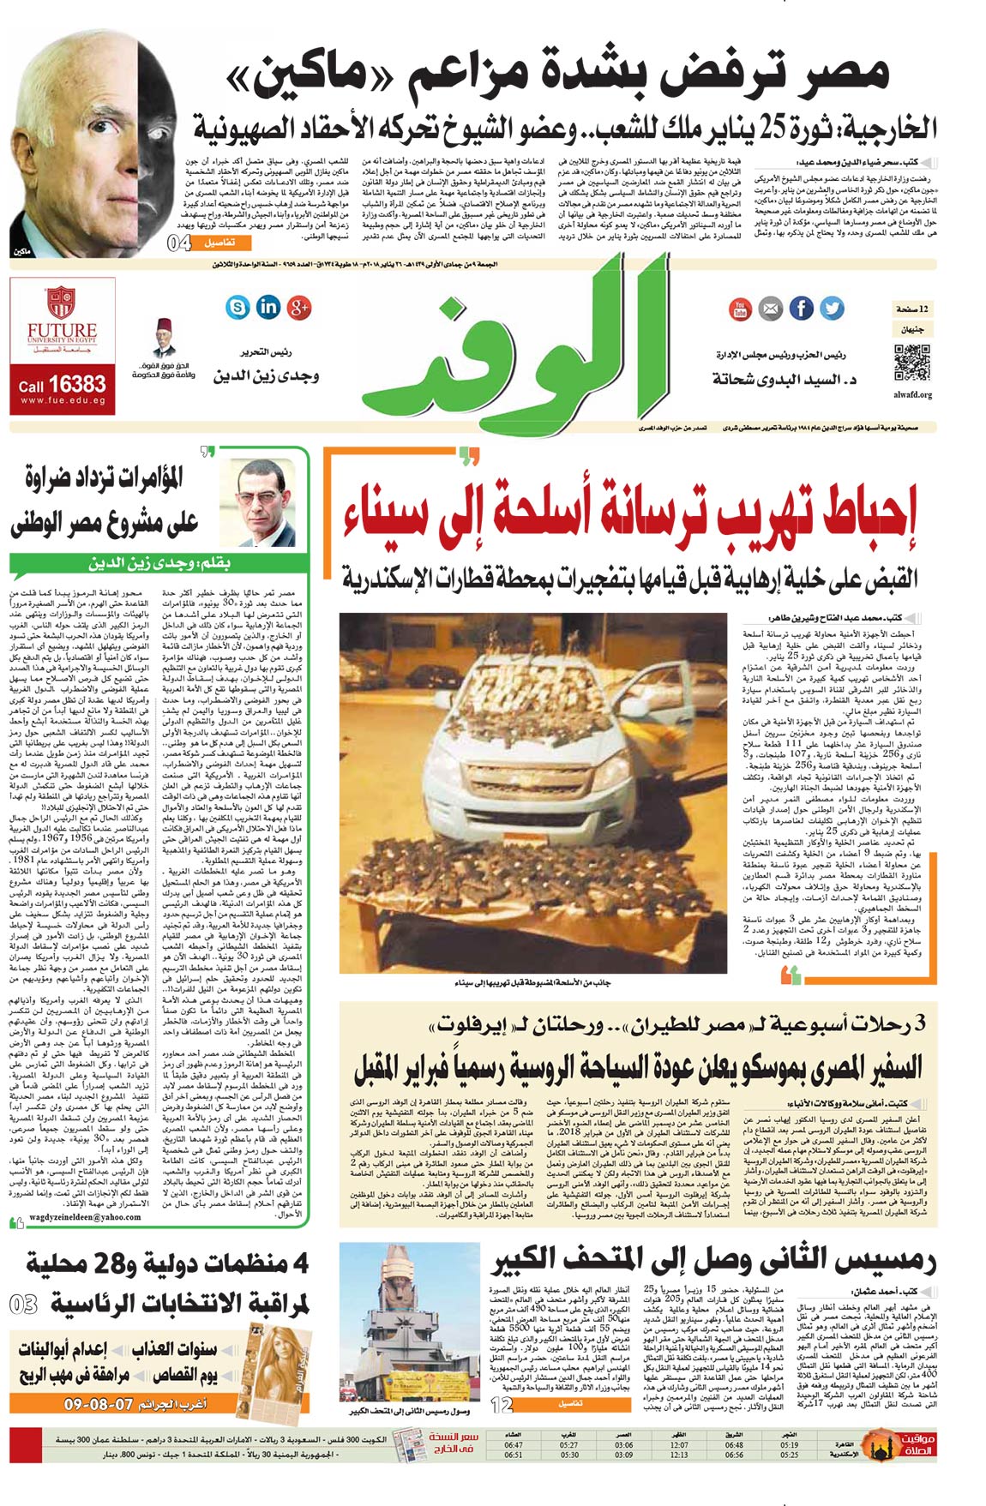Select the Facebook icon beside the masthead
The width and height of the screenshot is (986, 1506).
[801, 309]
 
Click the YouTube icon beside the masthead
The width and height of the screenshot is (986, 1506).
[739, 309]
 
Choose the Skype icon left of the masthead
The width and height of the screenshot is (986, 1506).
[238, 306]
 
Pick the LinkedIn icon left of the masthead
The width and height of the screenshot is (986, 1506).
[268, 306]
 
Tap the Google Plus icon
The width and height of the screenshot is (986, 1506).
[299, 306]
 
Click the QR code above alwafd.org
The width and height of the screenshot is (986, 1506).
[911, 362]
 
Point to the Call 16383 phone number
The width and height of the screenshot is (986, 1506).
[63, 385]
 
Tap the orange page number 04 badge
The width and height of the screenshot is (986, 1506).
[180, 243]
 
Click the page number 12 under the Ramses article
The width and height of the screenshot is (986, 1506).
[502, 1405]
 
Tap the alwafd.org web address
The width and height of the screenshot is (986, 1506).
[912, 395]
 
